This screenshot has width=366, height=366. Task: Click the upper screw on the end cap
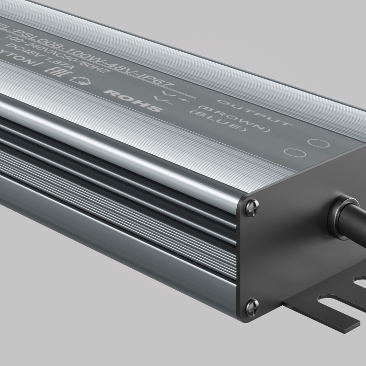(x=251, y=207)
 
